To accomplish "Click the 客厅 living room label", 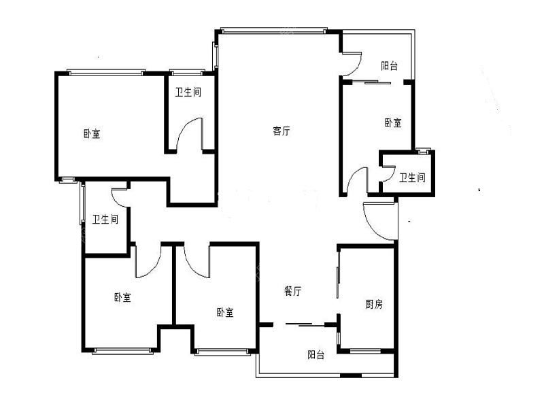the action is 281,131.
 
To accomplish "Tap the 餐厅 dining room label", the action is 292,291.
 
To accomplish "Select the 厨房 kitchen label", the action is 374,304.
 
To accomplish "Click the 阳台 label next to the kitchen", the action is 316,354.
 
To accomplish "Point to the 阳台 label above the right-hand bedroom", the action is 389,66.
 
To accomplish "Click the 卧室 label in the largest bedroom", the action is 92,133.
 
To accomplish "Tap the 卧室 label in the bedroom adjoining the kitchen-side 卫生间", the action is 393,122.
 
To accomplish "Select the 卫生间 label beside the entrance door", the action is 412,177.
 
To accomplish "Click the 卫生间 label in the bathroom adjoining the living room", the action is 188,92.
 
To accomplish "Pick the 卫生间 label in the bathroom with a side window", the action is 105,219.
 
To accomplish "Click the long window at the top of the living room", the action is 273,31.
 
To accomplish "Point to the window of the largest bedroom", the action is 106,72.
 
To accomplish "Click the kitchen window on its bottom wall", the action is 365,351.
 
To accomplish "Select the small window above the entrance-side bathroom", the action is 423,151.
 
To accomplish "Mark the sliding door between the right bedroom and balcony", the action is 371,82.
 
